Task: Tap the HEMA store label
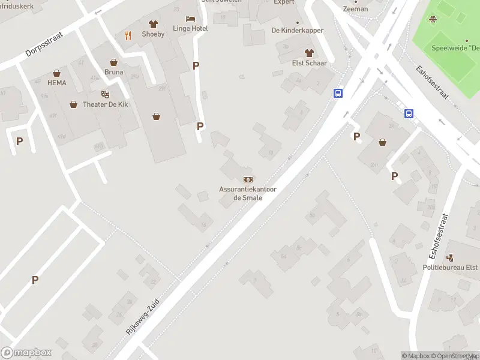tap(56, 83)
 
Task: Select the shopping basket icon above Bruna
tap(113, 62)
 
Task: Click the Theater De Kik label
tap(106, 104)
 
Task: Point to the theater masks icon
tap(106, 94)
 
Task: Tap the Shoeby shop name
tap(153, 34)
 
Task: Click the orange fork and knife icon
tap(128, 35)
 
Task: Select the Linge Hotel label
tap(190, 28)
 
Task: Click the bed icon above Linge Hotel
tap(190, 19)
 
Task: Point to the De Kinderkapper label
tap(298, 31)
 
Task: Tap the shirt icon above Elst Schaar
tap(309, 53)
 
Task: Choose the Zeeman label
tap(355, 9)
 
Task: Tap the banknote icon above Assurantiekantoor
tap(248, 179)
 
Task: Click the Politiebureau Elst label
tap(450, 268)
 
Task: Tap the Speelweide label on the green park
tap(455, 48)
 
